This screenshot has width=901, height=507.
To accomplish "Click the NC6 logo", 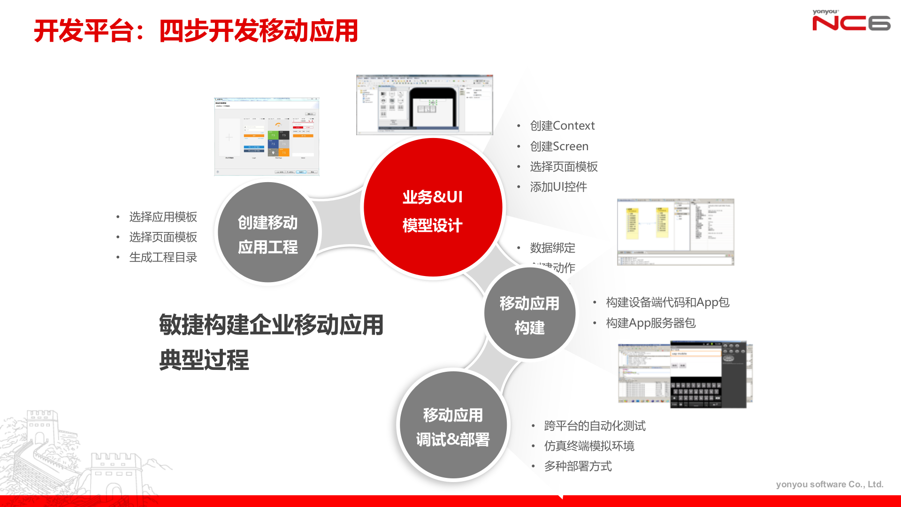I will coord(851,21).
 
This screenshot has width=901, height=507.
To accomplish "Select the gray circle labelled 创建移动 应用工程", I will coord(268,233).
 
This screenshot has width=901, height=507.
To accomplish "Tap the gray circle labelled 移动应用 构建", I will coord(529,314).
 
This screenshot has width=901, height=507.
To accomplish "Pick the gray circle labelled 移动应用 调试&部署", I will coord(453,425).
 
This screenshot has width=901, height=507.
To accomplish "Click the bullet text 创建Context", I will coord(562,126).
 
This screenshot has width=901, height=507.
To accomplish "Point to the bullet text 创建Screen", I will coord(559,146).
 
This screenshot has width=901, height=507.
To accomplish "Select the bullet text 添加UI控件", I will coord(558,187).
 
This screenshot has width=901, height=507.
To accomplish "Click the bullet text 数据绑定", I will coord(552,248).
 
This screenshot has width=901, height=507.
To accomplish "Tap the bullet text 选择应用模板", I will coord(163,217).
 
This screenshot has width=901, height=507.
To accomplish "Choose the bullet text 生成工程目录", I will coord(163,257).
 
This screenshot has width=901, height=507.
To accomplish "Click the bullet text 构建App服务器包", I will coord(650,323).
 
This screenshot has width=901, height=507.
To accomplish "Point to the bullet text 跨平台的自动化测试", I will coord(595,426).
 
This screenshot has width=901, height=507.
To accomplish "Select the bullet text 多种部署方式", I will coord(578,466).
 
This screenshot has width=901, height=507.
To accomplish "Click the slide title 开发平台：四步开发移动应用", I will coord(196,31).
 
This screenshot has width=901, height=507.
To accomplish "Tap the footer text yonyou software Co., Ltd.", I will coord(829,484).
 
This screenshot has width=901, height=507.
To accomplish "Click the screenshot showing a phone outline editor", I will coord(424,105).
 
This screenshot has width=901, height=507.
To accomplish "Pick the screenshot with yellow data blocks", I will coord(675,232).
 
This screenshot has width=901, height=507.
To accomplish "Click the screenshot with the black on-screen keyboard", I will coord(685,374).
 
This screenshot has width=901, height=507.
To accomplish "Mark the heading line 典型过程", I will coord(204,360).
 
